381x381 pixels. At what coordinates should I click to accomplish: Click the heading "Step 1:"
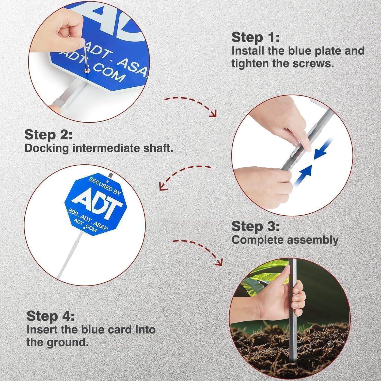[255, 38]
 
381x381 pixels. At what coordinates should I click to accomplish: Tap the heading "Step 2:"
[48, 135]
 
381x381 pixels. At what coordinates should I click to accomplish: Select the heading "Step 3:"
[255, 226]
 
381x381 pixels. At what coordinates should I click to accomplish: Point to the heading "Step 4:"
[50, 316]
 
